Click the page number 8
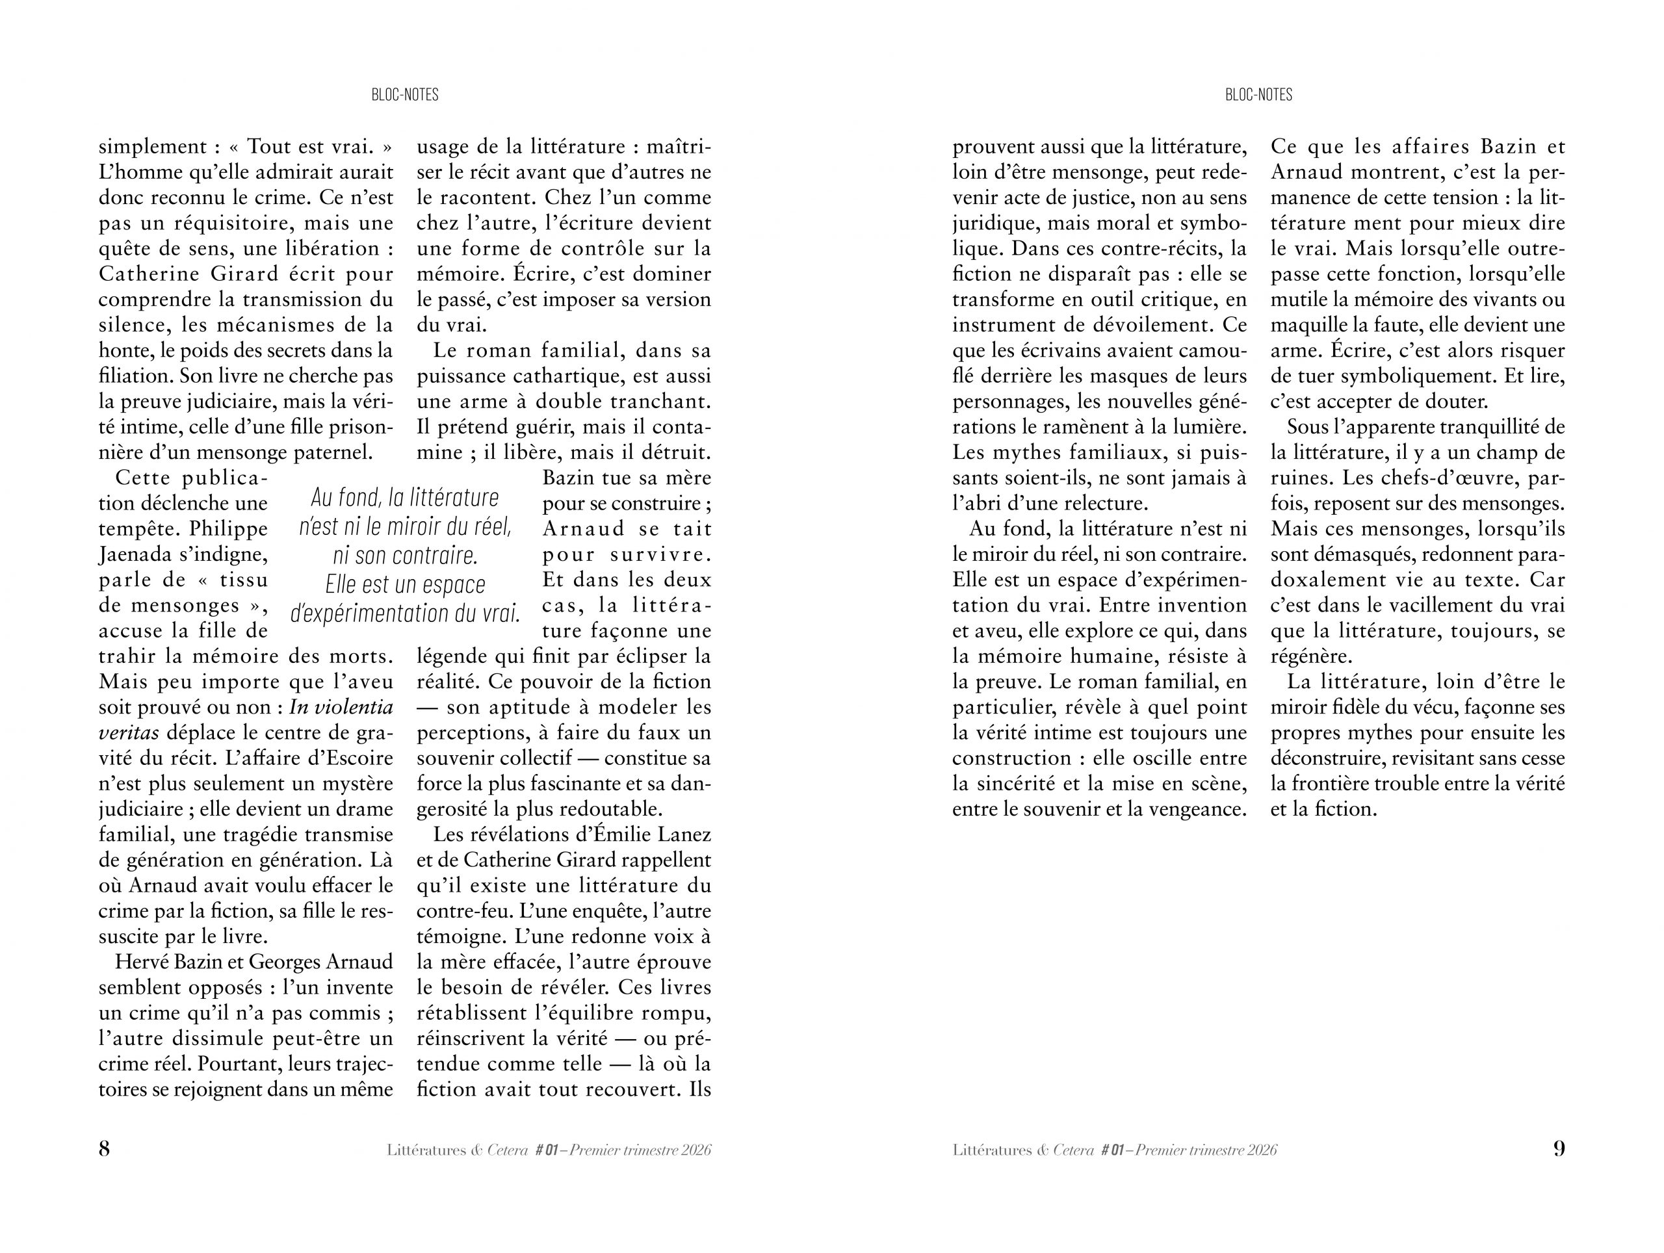click(x=105, y=1148)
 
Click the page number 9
click(x=1559, y=1148)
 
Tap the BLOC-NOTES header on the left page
click(x=405, y=95)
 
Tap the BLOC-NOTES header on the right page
click(x=1258, y=95)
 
